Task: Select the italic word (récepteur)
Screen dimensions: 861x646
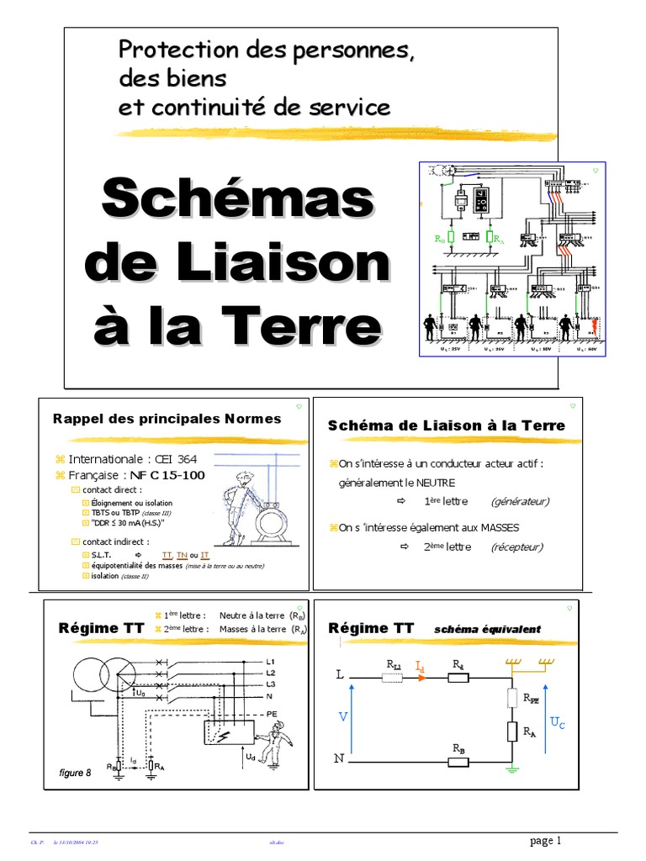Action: (x=517, y=547)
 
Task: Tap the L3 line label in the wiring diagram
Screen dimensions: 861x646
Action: (x=271, y=685)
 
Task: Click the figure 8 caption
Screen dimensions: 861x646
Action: (x=75, y=773)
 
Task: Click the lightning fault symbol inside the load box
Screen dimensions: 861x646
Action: (x=222, y=735)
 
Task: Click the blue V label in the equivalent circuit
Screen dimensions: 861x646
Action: (x=342, y=716)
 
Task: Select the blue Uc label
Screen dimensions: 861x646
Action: (x=559, y=721)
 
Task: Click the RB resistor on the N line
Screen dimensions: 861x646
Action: (x=458, y=762)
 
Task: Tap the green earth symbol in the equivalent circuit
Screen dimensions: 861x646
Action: (x=511, y=768)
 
